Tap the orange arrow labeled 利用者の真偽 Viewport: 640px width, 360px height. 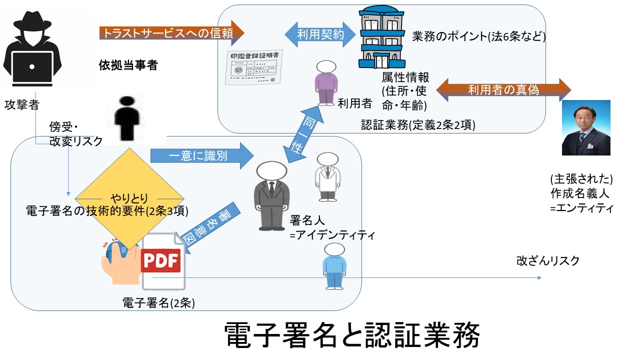click(x=503, y=89)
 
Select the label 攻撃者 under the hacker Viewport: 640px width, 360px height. click(x=21, y=104)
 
